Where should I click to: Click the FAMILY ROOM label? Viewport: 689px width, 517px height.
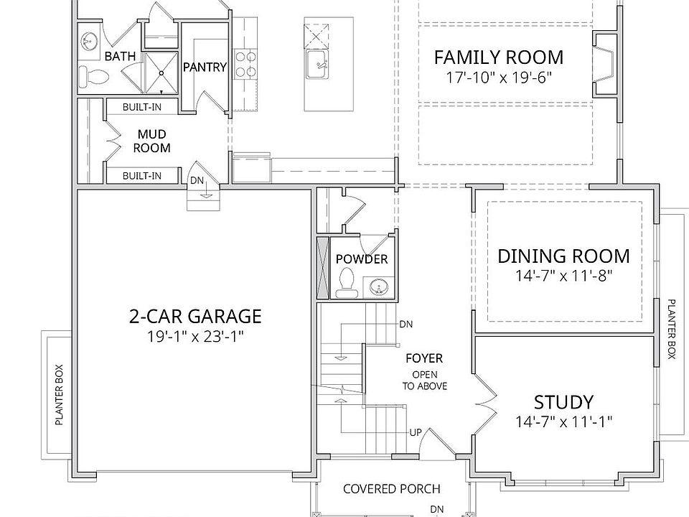point(498,57)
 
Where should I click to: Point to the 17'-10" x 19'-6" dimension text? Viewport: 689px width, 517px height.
point(499,78)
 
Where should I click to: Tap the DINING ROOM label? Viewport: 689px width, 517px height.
point(563,256)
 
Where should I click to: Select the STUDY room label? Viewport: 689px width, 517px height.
point(563,402)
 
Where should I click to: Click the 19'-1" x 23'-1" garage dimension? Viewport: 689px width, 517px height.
point(195,337)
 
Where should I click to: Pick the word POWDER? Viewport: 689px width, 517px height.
point(362,259)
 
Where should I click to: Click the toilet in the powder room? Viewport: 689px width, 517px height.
point(347,283)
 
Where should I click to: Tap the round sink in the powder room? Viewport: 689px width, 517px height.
point(378,288)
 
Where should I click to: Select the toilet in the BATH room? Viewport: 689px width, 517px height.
point(93,78)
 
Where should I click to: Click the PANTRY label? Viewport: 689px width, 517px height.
point(205,67)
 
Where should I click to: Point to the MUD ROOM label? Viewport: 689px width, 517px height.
point(151,141)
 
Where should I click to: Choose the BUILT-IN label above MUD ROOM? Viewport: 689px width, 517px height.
point(142,107)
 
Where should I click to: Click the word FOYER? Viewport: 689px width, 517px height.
point(424,358)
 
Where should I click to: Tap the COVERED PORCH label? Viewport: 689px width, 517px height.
point(392,489)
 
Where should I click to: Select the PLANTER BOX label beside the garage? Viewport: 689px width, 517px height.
point(60,395)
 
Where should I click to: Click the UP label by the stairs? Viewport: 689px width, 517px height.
point(416,432)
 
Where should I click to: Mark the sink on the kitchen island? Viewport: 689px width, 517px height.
point(317,65)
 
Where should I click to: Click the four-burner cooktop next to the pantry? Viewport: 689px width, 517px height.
point(245,65)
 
